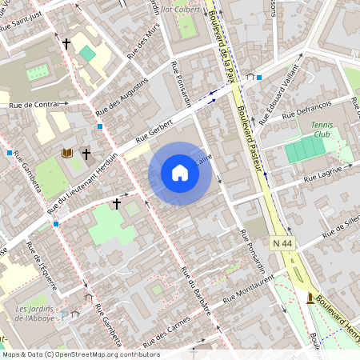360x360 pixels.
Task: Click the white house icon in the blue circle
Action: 180,173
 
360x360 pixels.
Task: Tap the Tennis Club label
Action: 320,129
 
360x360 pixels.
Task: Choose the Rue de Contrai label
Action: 34,105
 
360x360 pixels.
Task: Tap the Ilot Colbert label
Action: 190,10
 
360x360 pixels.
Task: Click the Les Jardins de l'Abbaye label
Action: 35,313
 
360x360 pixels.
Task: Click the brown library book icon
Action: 67,152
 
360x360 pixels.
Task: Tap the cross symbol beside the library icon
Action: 86,152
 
